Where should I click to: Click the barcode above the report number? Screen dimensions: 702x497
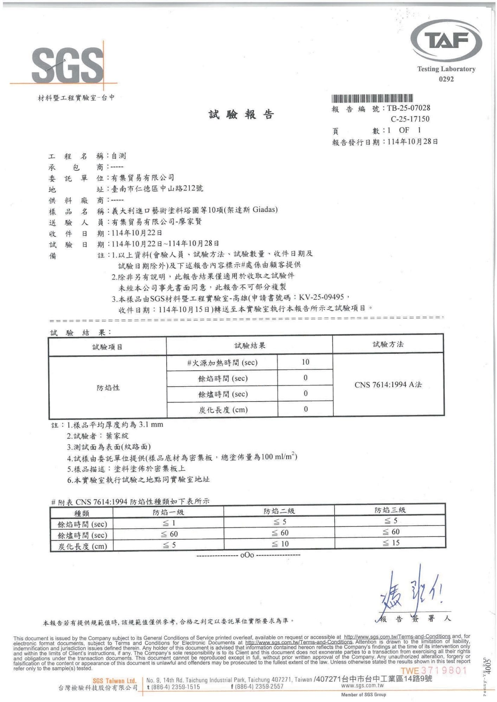tap(372, 98)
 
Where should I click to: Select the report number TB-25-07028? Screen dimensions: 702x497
tap(408, 108)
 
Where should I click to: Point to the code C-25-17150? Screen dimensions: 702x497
tap(410, 119)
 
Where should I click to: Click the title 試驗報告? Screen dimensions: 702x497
tap(241, 114)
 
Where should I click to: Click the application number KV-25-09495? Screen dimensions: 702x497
tap(321, 297)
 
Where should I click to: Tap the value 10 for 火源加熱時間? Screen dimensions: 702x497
tap(305, 362)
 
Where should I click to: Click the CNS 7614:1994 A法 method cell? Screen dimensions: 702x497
tap(388, 385)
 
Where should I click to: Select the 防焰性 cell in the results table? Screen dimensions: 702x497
tap(108, 388)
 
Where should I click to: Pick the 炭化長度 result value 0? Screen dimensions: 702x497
tap(305, 409)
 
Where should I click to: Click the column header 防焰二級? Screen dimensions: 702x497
tap(279, 511)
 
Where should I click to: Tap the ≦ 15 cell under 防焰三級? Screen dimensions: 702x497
tap(391, 543)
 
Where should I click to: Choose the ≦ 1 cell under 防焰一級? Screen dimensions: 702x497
tap(169, 523)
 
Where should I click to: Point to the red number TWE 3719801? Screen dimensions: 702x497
tap(433, 670)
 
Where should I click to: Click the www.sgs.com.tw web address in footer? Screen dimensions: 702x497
tap(362, 686)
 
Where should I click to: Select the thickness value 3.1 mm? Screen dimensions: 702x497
tap(151, 425)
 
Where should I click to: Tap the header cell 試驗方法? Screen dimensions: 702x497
tap(388, 344)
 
